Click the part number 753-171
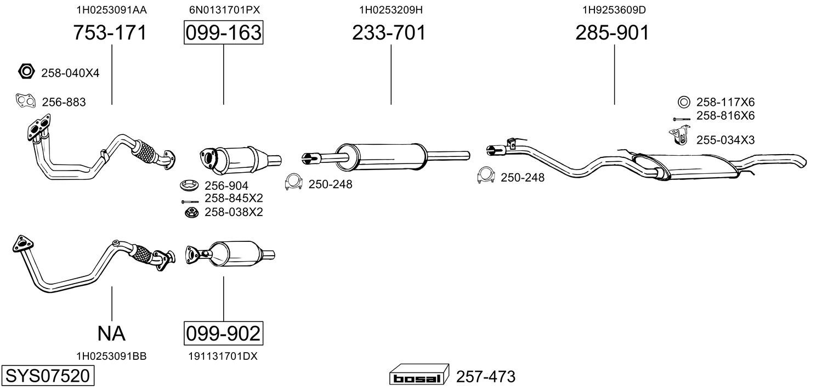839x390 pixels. coord(110,33)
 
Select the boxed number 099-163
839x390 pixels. coord(223,33)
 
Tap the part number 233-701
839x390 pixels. coord(389,33)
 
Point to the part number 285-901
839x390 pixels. coord(612,33)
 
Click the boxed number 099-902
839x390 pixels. coord(223,333)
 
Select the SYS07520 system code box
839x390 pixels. coord(47,376)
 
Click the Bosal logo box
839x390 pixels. coord(418,376)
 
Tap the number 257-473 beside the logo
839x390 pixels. coord(486,377)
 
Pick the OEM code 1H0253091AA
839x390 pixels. coord(111,10)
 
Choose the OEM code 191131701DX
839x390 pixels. coord(223,356)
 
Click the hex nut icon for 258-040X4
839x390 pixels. coord(26,71)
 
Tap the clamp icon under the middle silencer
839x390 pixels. coord(294,182)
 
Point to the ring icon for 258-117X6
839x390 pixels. coord(684,101)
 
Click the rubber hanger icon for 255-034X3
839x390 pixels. coord(679,137)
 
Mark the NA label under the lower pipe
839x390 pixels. coord(111,333)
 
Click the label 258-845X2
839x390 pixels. coord(234,198)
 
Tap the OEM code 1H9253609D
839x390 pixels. coord(614,10)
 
